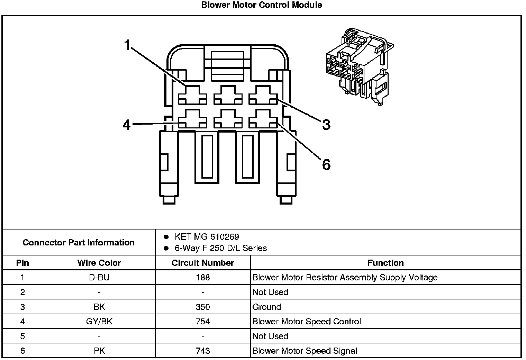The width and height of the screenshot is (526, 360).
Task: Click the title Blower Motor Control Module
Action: pos(262,5)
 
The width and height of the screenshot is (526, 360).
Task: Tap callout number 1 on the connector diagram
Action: pos(127,45)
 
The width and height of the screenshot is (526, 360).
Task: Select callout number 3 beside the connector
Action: pos(326,125)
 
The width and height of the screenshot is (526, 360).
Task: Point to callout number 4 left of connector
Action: pos(127,125)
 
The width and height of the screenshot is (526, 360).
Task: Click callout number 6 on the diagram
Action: pos(326,164)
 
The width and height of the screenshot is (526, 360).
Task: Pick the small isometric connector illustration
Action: pos(360,67)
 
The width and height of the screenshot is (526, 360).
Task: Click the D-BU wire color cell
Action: pos(99,277)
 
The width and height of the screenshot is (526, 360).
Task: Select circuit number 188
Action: pos(203,277)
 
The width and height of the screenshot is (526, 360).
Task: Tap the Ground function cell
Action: pos(266,307)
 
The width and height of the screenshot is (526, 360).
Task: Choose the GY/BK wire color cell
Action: pos(99,321)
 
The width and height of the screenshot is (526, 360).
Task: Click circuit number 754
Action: pos(203,321)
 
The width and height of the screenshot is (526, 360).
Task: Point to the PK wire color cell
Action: pos(99,351)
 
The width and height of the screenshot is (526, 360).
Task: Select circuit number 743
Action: pos(203,351)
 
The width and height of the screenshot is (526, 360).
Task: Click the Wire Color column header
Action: pos(99,263)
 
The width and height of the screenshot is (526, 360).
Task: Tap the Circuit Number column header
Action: pos(203,263)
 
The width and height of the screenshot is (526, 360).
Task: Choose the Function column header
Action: pos(386,263)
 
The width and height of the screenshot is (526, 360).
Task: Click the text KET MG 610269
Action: pos(207,237)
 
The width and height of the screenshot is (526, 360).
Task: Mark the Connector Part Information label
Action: pos(79,242)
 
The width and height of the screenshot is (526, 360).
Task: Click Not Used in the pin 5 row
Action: pos(270,336)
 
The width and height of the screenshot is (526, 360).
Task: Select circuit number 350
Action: pos(203,307)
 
